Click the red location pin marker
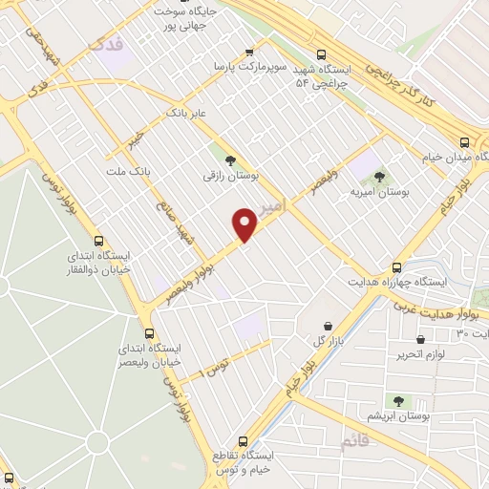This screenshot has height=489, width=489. pyautogui.click(x=245, y=224)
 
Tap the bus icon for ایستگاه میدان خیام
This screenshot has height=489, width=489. pyautogui.click(x=465, y=138)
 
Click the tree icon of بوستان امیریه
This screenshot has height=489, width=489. pyautogui.click(x=380, y=176)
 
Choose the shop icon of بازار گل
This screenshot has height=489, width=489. pyautogui.click(x=329, y=326)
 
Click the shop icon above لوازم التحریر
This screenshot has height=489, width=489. pyautogui.click(x=420, y=339)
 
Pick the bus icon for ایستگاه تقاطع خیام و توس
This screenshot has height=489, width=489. pyautogui.click(x=242, y=441)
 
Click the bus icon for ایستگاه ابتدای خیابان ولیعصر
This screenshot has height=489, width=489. pyautogui.click(x=149, y=333)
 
